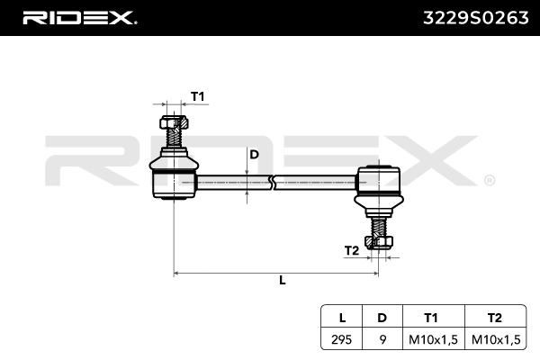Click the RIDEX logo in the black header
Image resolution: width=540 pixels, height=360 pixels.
click(x=79, y=18)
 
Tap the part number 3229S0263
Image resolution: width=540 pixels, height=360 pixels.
click(x=475, y=18)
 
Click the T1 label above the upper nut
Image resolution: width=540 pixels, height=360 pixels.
click(x=198, y=97)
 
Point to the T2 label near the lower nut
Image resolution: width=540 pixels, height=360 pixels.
click(x=352, y=251)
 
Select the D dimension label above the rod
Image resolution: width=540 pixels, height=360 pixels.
click(x=254, y=155)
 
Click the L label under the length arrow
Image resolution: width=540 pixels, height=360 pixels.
click(x=283, y=280)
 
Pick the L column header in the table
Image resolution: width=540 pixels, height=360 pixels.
click(x=342, y=318)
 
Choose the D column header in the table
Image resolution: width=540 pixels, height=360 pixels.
click(x=382, y=318)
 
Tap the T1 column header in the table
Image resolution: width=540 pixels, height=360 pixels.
click(x=431, y=318)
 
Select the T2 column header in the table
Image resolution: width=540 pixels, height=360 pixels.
click(x=494, y=318)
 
